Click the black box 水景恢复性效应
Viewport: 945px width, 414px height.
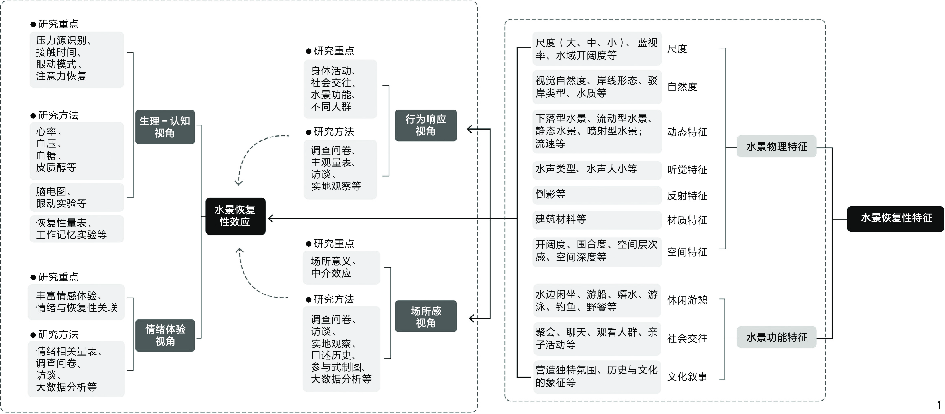tap(235, 216)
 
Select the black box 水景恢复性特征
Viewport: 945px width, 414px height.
tap(895, 219)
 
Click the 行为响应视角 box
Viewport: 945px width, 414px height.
tap(425, 125)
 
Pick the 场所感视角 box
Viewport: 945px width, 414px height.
tap(425, 316)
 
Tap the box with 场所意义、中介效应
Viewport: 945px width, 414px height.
tap(341, 267)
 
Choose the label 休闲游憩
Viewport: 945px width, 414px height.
tap(687, 300)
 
